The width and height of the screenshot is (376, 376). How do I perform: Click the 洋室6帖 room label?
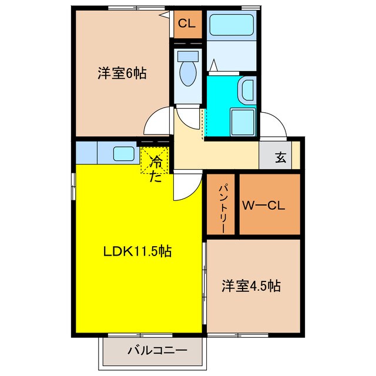coord(122,74)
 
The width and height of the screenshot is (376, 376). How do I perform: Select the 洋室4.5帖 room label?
coord(251,286)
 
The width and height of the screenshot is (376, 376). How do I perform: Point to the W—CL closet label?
coord(264,206)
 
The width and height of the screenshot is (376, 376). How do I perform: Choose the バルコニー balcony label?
coord(157,351)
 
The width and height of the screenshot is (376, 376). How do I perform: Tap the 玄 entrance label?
coord(281,157)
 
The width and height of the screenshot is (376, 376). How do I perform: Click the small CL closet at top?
coord(187,24)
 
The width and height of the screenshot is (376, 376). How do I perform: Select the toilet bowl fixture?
coord(189,71)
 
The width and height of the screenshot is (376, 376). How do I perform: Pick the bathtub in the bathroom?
coord(231,25)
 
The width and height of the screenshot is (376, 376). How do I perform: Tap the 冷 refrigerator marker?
coord(156,159)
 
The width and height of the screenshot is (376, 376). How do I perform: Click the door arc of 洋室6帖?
coord(157,122)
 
